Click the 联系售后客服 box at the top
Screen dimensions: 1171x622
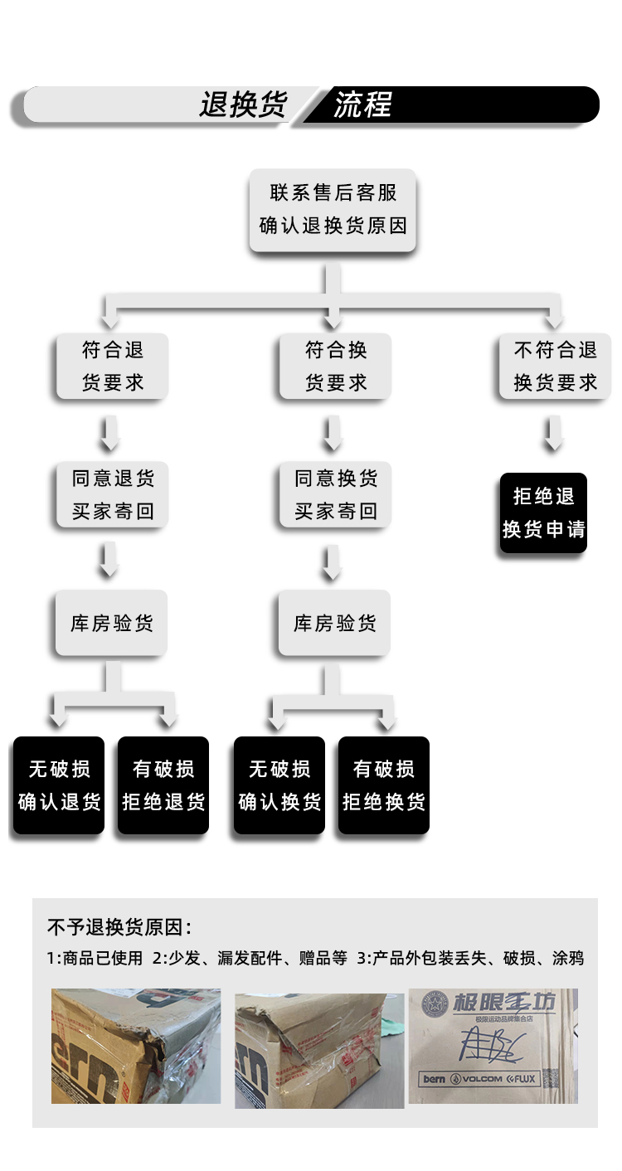point(333,210)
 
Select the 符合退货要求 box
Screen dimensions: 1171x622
point(112,366)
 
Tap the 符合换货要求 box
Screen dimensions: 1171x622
point(335,366)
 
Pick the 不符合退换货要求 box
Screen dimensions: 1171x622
point(555,366)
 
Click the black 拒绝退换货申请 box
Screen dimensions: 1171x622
point(544,513)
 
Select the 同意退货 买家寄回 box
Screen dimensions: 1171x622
point(112,494)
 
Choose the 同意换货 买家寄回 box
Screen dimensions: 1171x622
point(335,494)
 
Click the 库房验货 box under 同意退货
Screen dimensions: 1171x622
point(112,623)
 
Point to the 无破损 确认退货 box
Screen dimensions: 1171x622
point(59,785)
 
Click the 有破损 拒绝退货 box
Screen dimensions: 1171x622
point(163,785)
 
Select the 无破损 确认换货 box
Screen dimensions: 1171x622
point(279,785)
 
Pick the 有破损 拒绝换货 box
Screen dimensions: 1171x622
point(384,785)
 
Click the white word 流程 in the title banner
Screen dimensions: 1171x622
point(362,105)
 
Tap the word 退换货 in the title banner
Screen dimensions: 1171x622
point(242,105)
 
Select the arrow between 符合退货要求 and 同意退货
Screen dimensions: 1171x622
point(109,431)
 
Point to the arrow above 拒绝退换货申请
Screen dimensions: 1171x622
point(553,433)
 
